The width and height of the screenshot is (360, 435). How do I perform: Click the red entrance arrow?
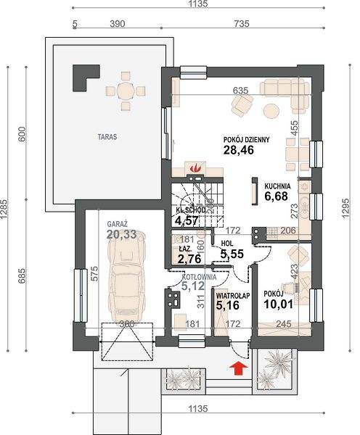[x=238, y=368]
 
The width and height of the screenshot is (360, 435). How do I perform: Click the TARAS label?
[x=107, y=137]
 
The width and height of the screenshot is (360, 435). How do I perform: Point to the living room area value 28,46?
[x=239, y=150]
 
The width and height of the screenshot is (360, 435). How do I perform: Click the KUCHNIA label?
[x=277, y=186]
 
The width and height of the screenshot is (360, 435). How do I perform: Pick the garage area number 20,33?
[x=122, y=234]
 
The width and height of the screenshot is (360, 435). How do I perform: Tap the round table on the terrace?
[x=126, y=91]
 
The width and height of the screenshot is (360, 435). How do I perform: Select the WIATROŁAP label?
[x=233, y=296]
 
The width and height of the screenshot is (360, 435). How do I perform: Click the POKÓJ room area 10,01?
[x=278, y=304]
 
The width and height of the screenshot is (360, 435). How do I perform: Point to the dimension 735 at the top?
[x=242, y=24]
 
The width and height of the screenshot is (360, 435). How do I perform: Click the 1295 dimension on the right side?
[x=345, y=208]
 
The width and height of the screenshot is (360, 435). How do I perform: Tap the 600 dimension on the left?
[x=22, y=133]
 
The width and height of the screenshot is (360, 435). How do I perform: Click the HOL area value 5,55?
[x=232, y=254]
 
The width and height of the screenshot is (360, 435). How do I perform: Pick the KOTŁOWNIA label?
[x=199, y=277]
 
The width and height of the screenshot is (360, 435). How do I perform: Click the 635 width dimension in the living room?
[x=240, y=91]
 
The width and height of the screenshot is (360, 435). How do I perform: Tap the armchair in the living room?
[x=242, y=105]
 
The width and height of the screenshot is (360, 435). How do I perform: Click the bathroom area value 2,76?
[x=189, y=259]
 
